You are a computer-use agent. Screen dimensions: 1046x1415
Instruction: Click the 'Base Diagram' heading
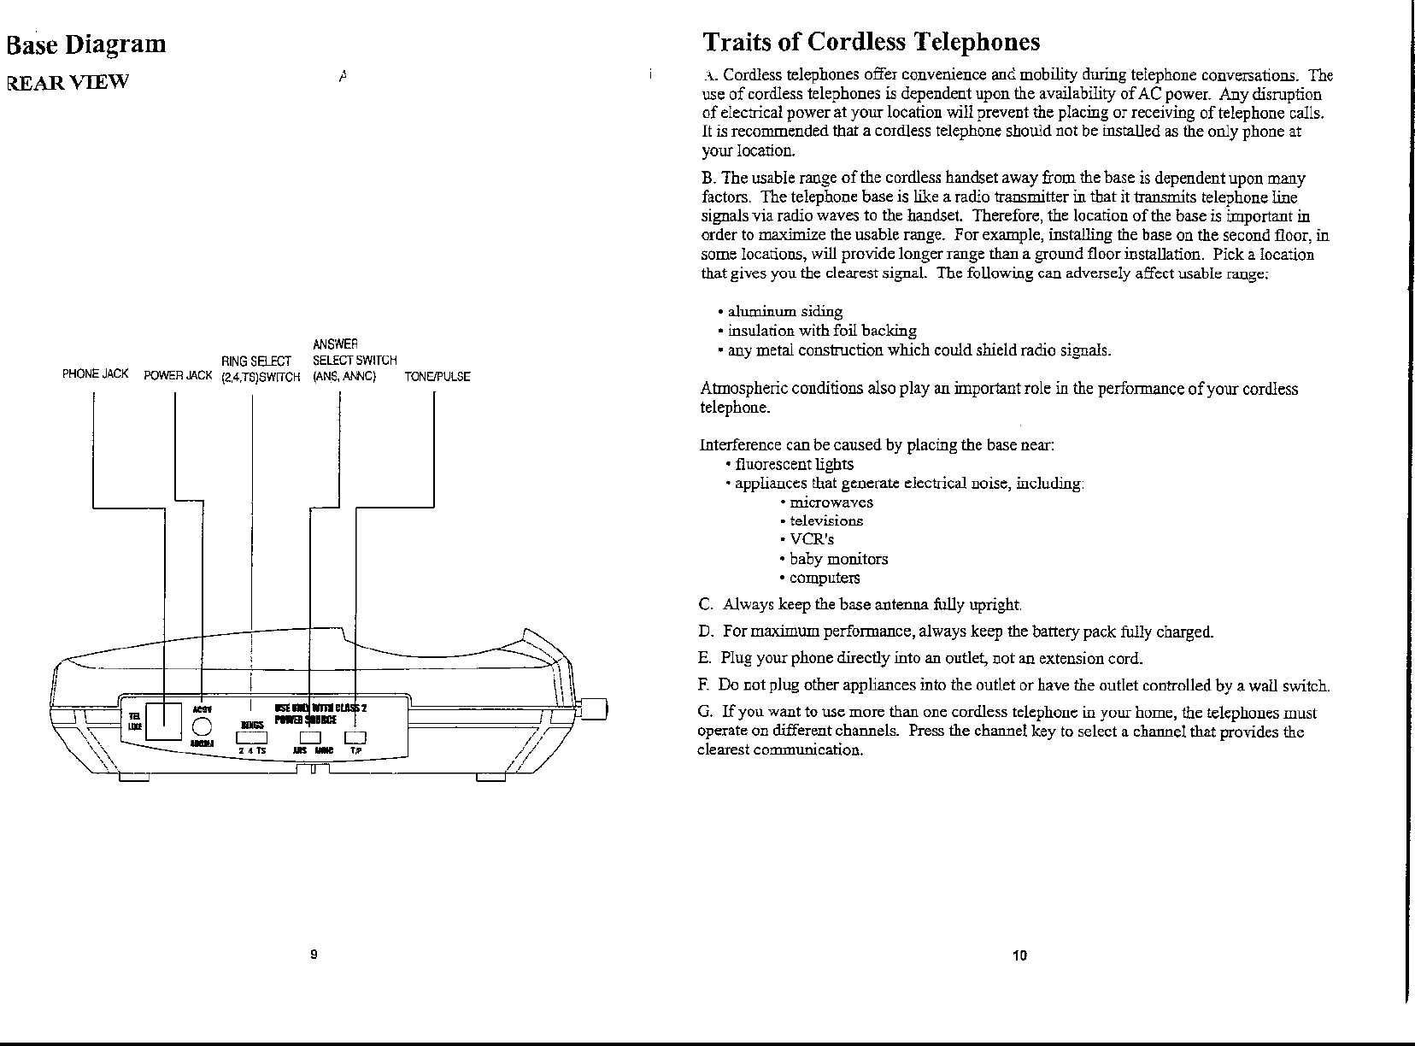[85, 44]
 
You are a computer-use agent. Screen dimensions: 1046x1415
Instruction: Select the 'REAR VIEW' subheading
[67, 82]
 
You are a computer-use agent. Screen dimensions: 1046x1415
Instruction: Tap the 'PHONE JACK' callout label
[95, 375]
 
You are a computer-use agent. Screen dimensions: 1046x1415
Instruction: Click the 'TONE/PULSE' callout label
[437, 376]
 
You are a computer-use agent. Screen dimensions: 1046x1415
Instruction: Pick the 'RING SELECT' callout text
[256, 361]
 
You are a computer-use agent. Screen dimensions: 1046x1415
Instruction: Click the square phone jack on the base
[164, 720]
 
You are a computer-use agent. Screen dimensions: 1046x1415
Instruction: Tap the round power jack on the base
[202, 726]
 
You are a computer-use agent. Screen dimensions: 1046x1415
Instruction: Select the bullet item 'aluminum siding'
[784, 311]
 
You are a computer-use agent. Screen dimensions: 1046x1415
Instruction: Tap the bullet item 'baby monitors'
[837, 559]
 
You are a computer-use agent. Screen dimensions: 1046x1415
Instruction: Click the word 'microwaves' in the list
[831, 502]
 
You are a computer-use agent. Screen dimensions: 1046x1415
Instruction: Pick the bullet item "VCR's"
[811, 539]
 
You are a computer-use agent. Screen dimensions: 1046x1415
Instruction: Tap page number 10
[1019, 955]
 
